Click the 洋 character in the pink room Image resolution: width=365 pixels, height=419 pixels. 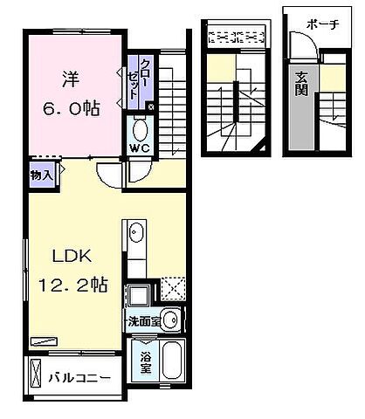point(70,76)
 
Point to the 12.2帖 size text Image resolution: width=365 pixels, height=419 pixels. point(72,285)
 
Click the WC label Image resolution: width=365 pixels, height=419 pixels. point(141,148)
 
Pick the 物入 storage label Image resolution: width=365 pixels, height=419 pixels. point(41,175)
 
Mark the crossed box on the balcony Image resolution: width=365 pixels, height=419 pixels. point(36,374)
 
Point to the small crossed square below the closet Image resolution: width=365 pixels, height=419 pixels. point(151,107)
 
